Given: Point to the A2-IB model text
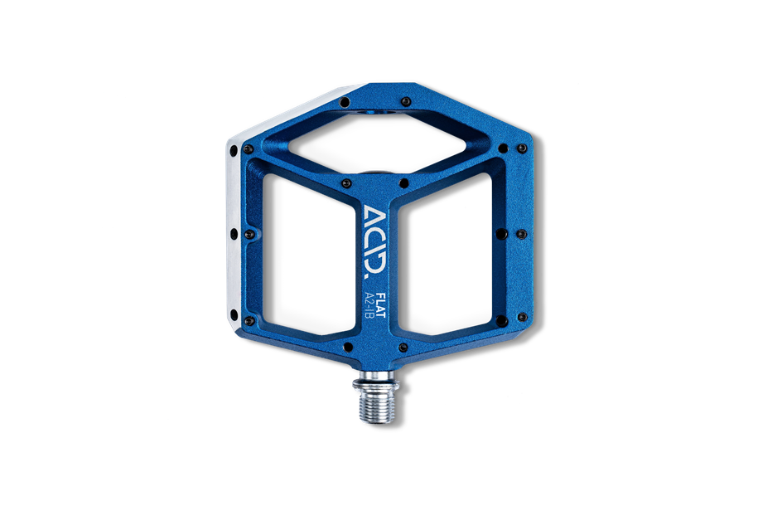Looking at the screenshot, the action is click(x=369, y=304).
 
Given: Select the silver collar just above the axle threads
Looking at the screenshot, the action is click(x=376, y=383).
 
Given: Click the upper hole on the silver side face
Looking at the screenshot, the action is click(x=234, y=151).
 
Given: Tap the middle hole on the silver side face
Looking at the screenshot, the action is click(x=234, y=235).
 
